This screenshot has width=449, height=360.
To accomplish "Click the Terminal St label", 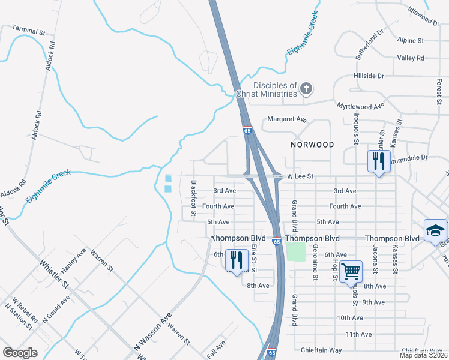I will [29, 31].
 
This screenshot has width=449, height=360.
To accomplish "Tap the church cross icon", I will [306, 89].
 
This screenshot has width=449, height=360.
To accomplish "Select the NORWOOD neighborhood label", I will [312, 145].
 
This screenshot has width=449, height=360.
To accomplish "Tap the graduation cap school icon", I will [435, 230].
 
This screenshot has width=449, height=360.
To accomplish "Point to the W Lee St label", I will [300, 176].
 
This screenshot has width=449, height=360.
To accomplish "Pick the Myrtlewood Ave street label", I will [360, 106].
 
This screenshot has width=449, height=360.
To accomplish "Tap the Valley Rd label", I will [411, 58].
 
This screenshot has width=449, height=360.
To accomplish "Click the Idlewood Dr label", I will [424, 19].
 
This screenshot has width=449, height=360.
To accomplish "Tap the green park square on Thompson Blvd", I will [296, 251].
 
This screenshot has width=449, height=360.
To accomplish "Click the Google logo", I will [20, 352].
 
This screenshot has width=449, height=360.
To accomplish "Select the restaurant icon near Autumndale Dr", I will [377, 161].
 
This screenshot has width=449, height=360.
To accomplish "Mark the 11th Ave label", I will [358, 334].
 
